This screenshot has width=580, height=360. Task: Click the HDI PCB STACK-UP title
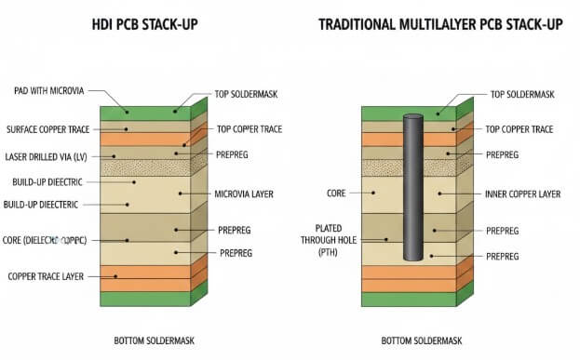(x=158, y=25)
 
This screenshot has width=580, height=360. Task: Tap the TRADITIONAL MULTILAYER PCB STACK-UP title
(x=440, y=25)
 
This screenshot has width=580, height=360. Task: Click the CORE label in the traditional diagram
(x=336, y=193)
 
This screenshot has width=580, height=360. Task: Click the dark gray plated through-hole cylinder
(x=413, y=186)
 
